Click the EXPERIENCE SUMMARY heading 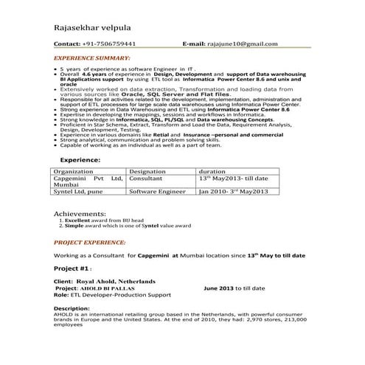coord(92,57)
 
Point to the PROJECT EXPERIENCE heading coord(89,242)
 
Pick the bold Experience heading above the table coord(80,159)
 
